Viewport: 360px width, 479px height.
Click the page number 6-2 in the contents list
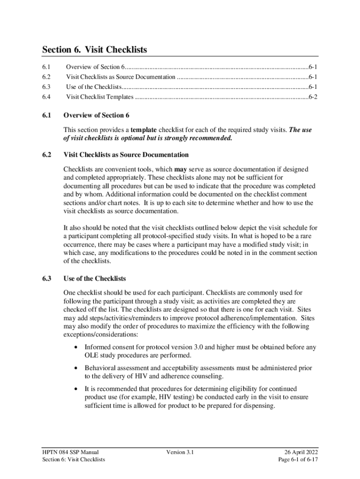pos(313,97)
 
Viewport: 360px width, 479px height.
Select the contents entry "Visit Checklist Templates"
pos(100,97)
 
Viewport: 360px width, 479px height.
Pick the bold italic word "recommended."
pos(208,138)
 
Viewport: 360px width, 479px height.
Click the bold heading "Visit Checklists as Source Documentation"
pos(126,155)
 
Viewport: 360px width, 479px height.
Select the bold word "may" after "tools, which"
pos(180,169)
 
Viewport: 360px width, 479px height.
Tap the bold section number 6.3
pos(46,278)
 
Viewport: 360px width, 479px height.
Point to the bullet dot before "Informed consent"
pos(76,348)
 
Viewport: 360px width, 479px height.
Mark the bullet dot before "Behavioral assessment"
pos(76,369)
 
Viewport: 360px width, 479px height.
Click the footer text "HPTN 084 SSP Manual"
pos(70,452)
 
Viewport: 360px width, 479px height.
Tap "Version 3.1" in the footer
pos(180,452)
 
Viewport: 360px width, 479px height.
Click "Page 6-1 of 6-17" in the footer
pos(297,459)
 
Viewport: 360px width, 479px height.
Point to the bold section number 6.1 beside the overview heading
pos(46,115)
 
